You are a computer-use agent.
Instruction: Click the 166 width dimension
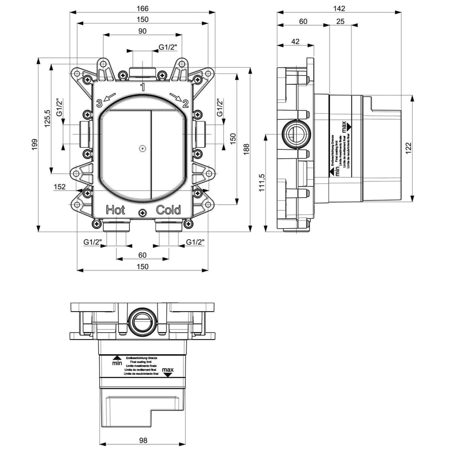[x=142, y=8]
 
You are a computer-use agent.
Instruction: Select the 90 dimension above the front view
[x=142, y=31]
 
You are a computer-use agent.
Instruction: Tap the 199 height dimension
[x=35, y=145]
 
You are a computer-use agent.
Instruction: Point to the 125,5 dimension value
[x=47, y=119]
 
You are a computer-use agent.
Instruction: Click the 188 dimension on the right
[x=246, y=147]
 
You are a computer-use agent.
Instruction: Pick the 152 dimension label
[x=59, y=187]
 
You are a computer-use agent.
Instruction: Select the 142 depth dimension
[x=339, y=8]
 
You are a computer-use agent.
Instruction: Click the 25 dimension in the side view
[x=340, y=21]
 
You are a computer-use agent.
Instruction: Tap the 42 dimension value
[x=295, y=42]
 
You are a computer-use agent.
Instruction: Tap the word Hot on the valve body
[x=116, y=210]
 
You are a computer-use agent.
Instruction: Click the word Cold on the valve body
[x=168, y=210]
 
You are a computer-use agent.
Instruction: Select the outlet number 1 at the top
[x=142, y=87]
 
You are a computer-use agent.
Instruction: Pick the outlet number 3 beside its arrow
[x=99, y=103]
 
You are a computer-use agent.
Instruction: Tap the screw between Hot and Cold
[x=142, y=213]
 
